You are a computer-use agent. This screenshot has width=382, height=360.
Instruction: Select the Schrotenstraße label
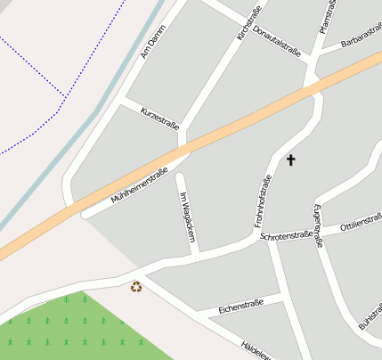click(286, 236)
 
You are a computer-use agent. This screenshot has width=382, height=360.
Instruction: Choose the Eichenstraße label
click(240, 306)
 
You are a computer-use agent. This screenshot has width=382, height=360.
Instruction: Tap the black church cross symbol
click(289, 160)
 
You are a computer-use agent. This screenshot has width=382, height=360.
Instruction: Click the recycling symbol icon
click(136, 286)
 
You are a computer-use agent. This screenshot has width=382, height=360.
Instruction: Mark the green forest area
click(62, 330)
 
